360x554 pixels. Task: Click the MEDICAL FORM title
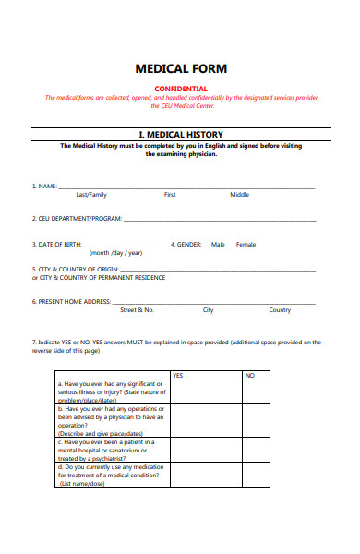click(181, 69)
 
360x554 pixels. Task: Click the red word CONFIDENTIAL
click(181, 89)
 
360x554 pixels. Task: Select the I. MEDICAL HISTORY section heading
click(181, 135)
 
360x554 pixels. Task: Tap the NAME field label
click(44, 187)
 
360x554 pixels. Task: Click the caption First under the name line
click(170, 195)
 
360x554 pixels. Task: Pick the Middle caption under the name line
click(239, 195)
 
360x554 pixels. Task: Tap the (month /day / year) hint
click(115, 253)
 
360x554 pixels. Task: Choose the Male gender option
click(218, 245)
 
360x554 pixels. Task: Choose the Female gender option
click(246, 245)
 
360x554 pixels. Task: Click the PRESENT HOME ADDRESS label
click(71, 302)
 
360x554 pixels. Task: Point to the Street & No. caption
click(137, 310)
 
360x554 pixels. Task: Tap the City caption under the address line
click(209, 310)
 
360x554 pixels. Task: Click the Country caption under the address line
click(280, 310)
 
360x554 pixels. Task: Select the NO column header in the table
click(249, 375)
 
